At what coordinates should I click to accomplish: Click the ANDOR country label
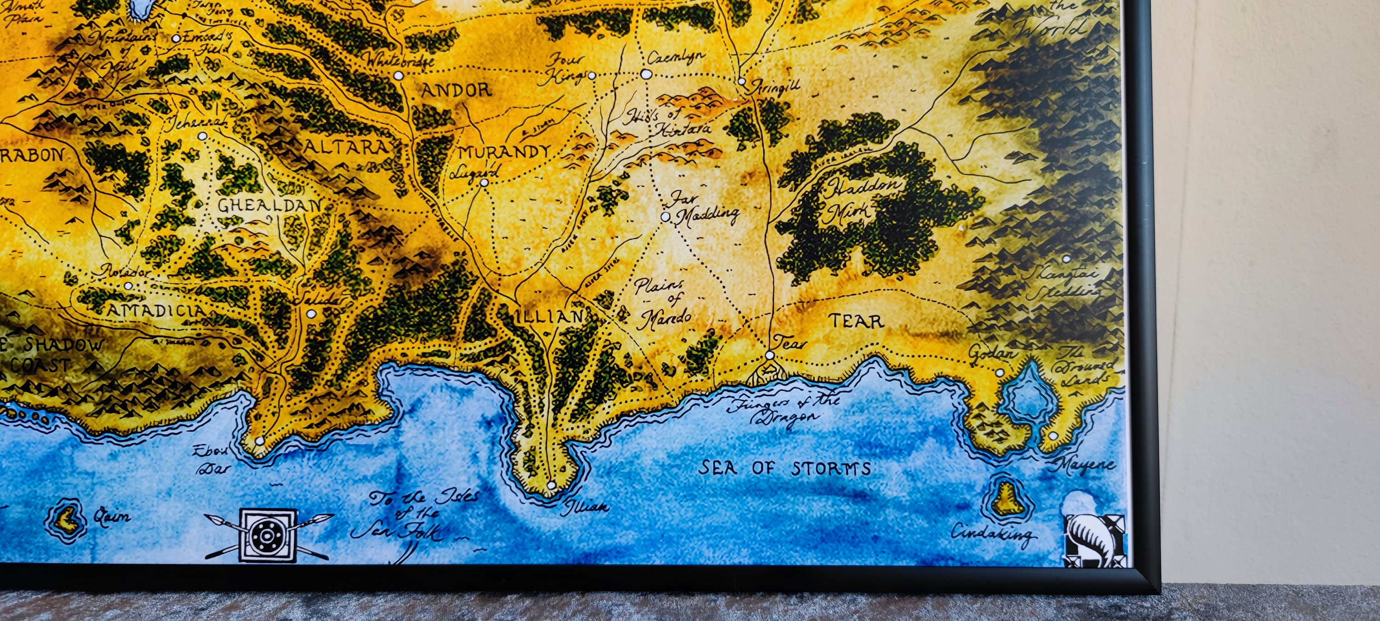pos(456,90)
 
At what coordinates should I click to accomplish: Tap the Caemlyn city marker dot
pos(646,74)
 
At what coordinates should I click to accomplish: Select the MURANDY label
pos(504,152)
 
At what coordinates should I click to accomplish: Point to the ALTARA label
pos(345,147)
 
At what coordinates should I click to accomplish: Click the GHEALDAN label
pos(269,205)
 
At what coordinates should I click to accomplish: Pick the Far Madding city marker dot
pos(665,217)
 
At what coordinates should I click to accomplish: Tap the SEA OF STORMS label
pos(784,468)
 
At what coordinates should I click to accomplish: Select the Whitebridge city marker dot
pos(398,75)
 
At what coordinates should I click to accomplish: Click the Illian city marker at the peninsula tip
pos(551,485)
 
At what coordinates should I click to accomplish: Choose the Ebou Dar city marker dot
pos(260,441)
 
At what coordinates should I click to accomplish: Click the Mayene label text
pos(1085,464)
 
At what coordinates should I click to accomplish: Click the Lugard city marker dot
pos(484,183)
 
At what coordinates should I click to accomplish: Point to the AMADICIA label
pos(156,310)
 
